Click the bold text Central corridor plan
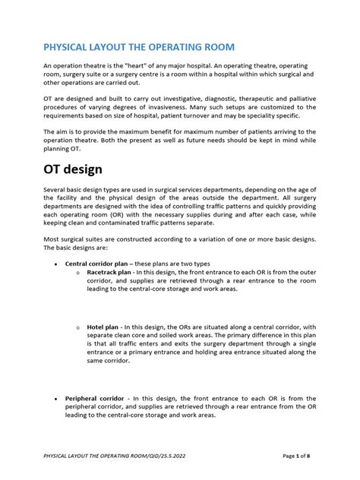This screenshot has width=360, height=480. (x=96, y=264)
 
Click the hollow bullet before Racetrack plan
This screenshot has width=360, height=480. (x=79, y=272)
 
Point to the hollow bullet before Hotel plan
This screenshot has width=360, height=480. (x=79, y=327)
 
